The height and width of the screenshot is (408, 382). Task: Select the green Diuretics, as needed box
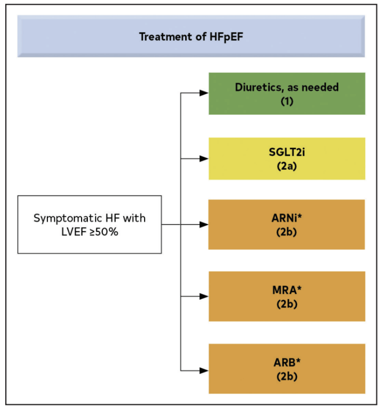point(287,93)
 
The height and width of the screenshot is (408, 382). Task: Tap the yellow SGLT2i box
point(287,158)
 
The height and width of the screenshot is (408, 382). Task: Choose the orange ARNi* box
point(287,225)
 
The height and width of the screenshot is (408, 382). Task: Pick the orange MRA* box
point(287,296)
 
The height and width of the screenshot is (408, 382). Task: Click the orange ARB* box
point(287,369)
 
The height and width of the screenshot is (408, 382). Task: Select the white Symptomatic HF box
point(89,225)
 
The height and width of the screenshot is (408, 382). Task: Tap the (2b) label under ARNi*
point(287,231)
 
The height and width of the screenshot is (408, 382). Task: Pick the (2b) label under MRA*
point(287,303)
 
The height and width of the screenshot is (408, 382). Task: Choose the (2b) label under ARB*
point(287,376)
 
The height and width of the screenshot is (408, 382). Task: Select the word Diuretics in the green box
point(257,87)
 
